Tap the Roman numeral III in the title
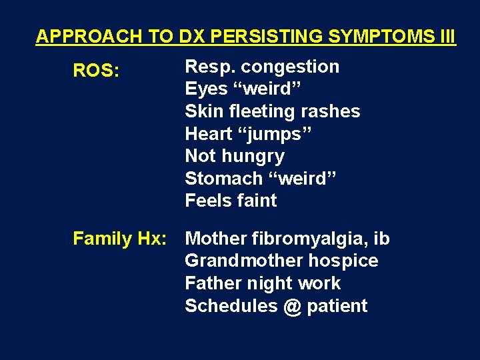click(448, 37)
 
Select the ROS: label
click(96, 71)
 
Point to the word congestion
click(290, 67)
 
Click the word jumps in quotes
click(275, 134)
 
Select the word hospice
click(344, 261)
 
